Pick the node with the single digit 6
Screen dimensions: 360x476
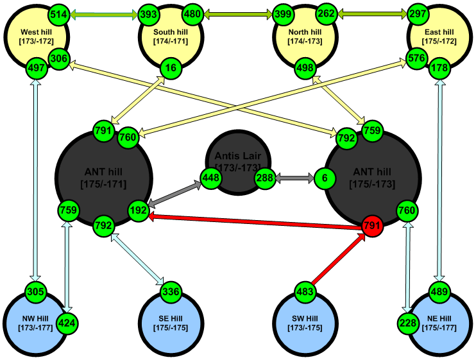tap(325, 178)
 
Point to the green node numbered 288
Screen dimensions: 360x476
tap(265, 178)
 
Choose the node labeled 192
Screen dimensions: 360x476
tap(139, 209)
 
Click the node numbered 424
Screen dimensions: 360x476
tap(67, 323)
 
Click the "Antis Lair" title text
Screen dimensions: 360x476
tap(235, 157)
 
